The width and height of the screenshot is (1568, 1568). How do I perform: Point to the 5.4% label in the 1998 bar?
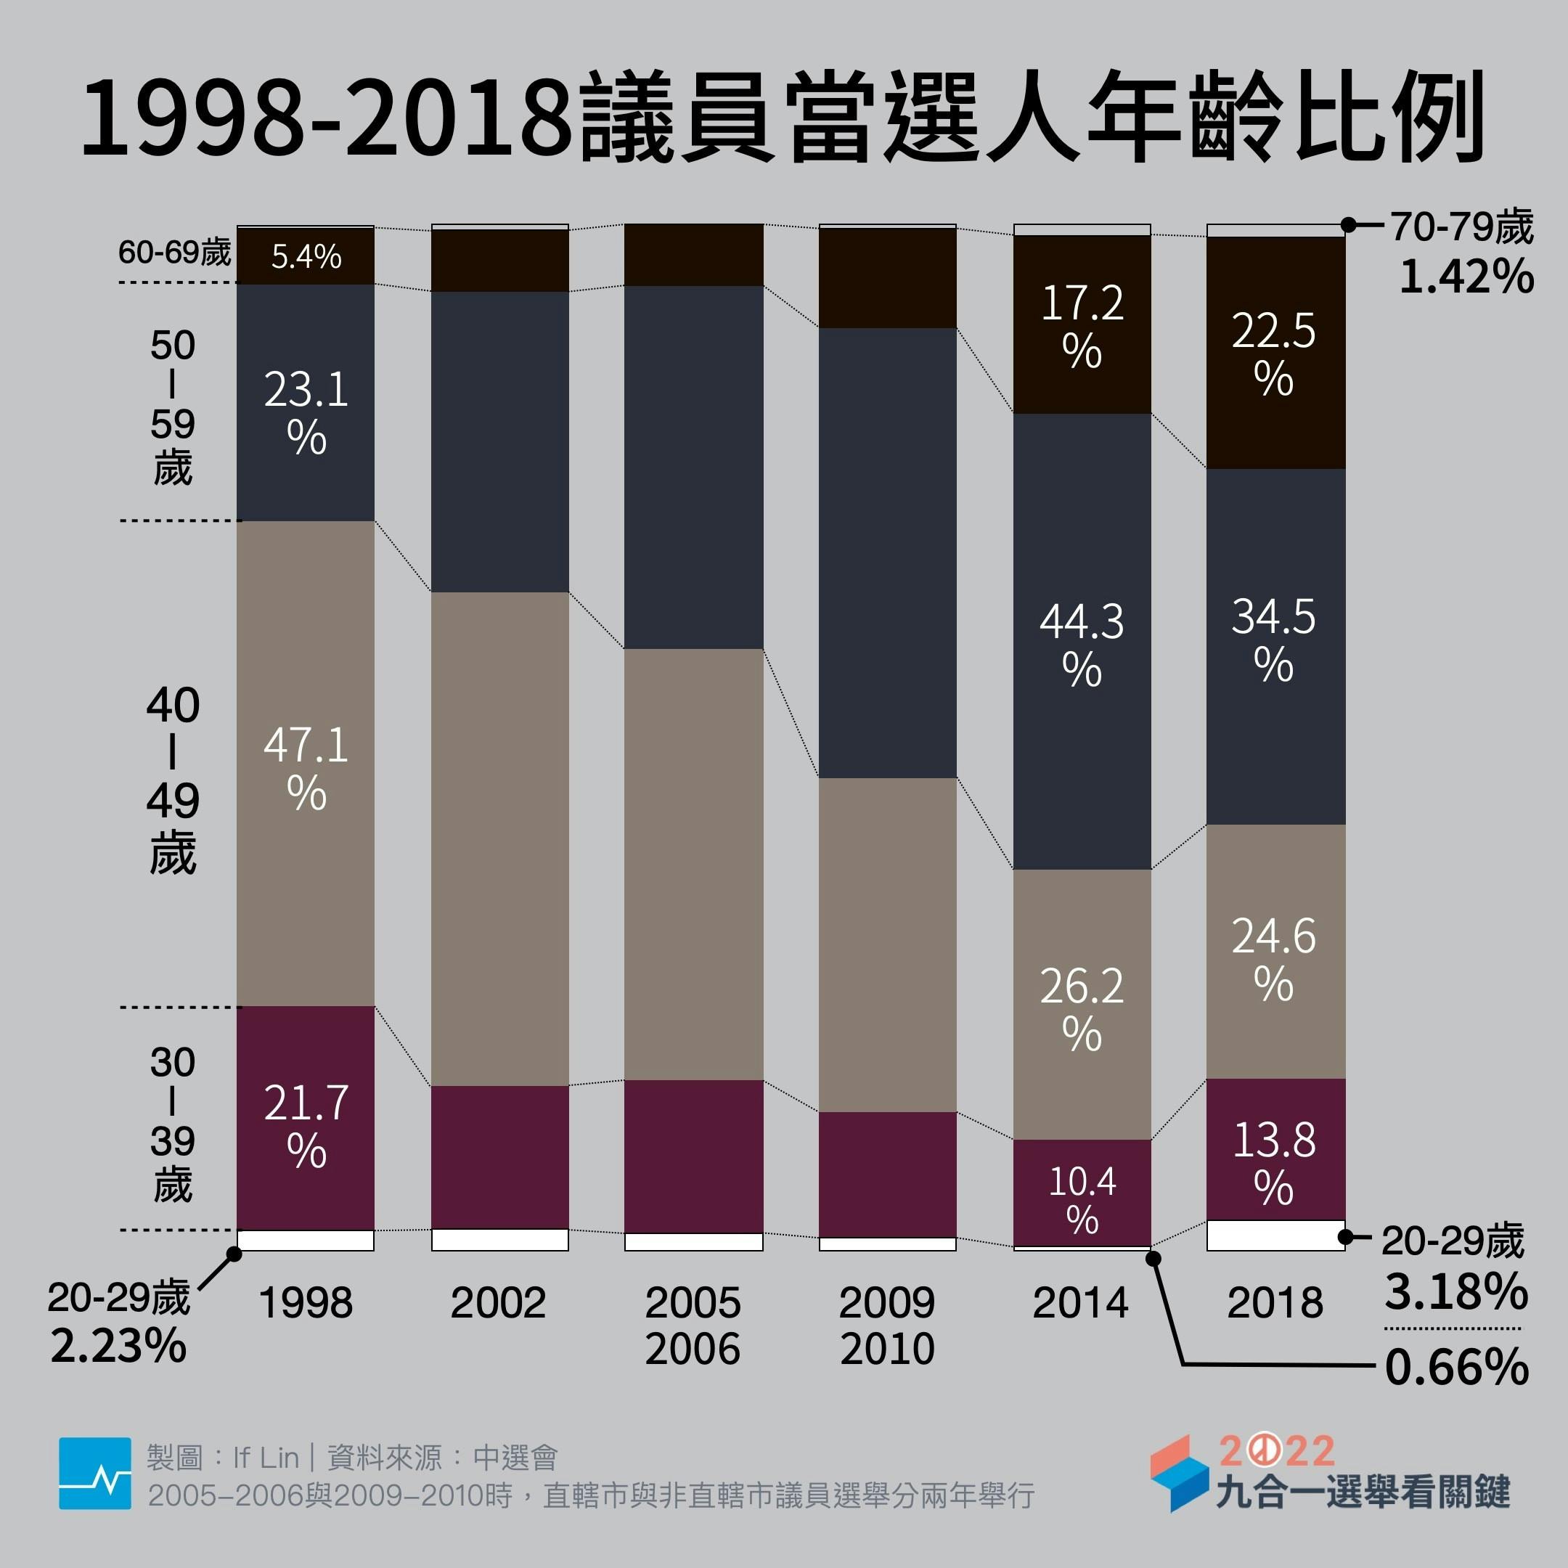point(306,256)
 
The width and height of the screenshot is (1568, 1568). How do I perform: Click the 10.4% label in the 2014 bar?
point(1082,1199)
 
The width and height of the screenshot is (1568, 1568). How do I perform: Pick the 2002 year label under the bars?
point(498,1302)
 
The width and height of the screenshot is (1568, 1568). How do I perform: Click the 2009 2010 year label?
point(887,1326)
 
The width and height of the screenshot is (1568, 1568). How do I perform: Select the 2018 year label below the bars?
point(1275,1302)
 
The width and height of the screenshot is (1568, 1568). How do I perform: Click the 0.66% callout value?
point(1457,1368)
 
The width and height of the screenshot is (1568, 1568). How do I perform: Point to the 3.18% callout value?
point(1456,1291)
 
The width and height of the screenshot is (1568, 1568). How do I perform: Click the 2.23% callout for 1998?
point(118,1346)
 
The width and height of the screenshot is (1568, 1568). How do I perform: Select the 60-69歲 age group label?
point(174,253)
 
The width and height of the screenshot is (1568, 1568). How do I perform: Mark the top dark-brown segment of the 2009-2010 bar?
point(887,277)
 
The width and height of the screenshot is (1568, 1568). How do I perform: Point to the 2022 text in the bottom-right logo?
point(1278,1451)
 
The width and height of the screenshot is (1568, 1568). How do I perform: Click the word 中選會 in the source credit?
point(515,1458)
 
